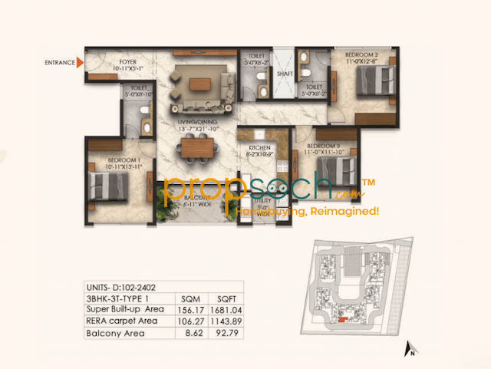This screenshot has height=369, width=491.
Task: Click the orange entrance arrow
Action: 79,64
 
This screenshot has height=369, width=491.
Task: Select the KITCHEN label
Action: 257,147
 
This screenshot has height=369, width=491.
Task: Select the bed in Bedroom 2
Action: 377,78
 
